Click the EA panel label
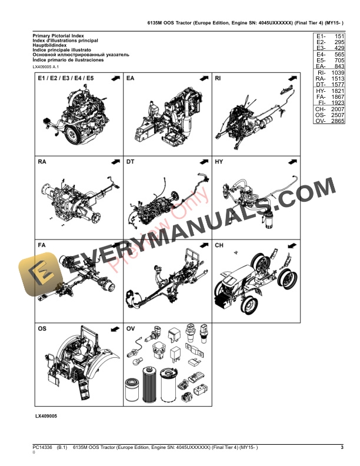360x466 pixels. (130, 78)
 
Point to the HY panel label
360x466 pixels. (219, 161)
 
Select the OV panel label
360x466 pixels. (131, 328)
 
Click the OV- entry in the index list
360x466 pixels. (320, 121)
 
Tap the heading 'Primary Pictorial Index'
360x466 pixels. (59, 36)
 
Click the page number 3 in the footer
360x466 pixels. (342, 448)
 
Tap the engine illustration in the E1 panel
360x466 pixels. (76, 118)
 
